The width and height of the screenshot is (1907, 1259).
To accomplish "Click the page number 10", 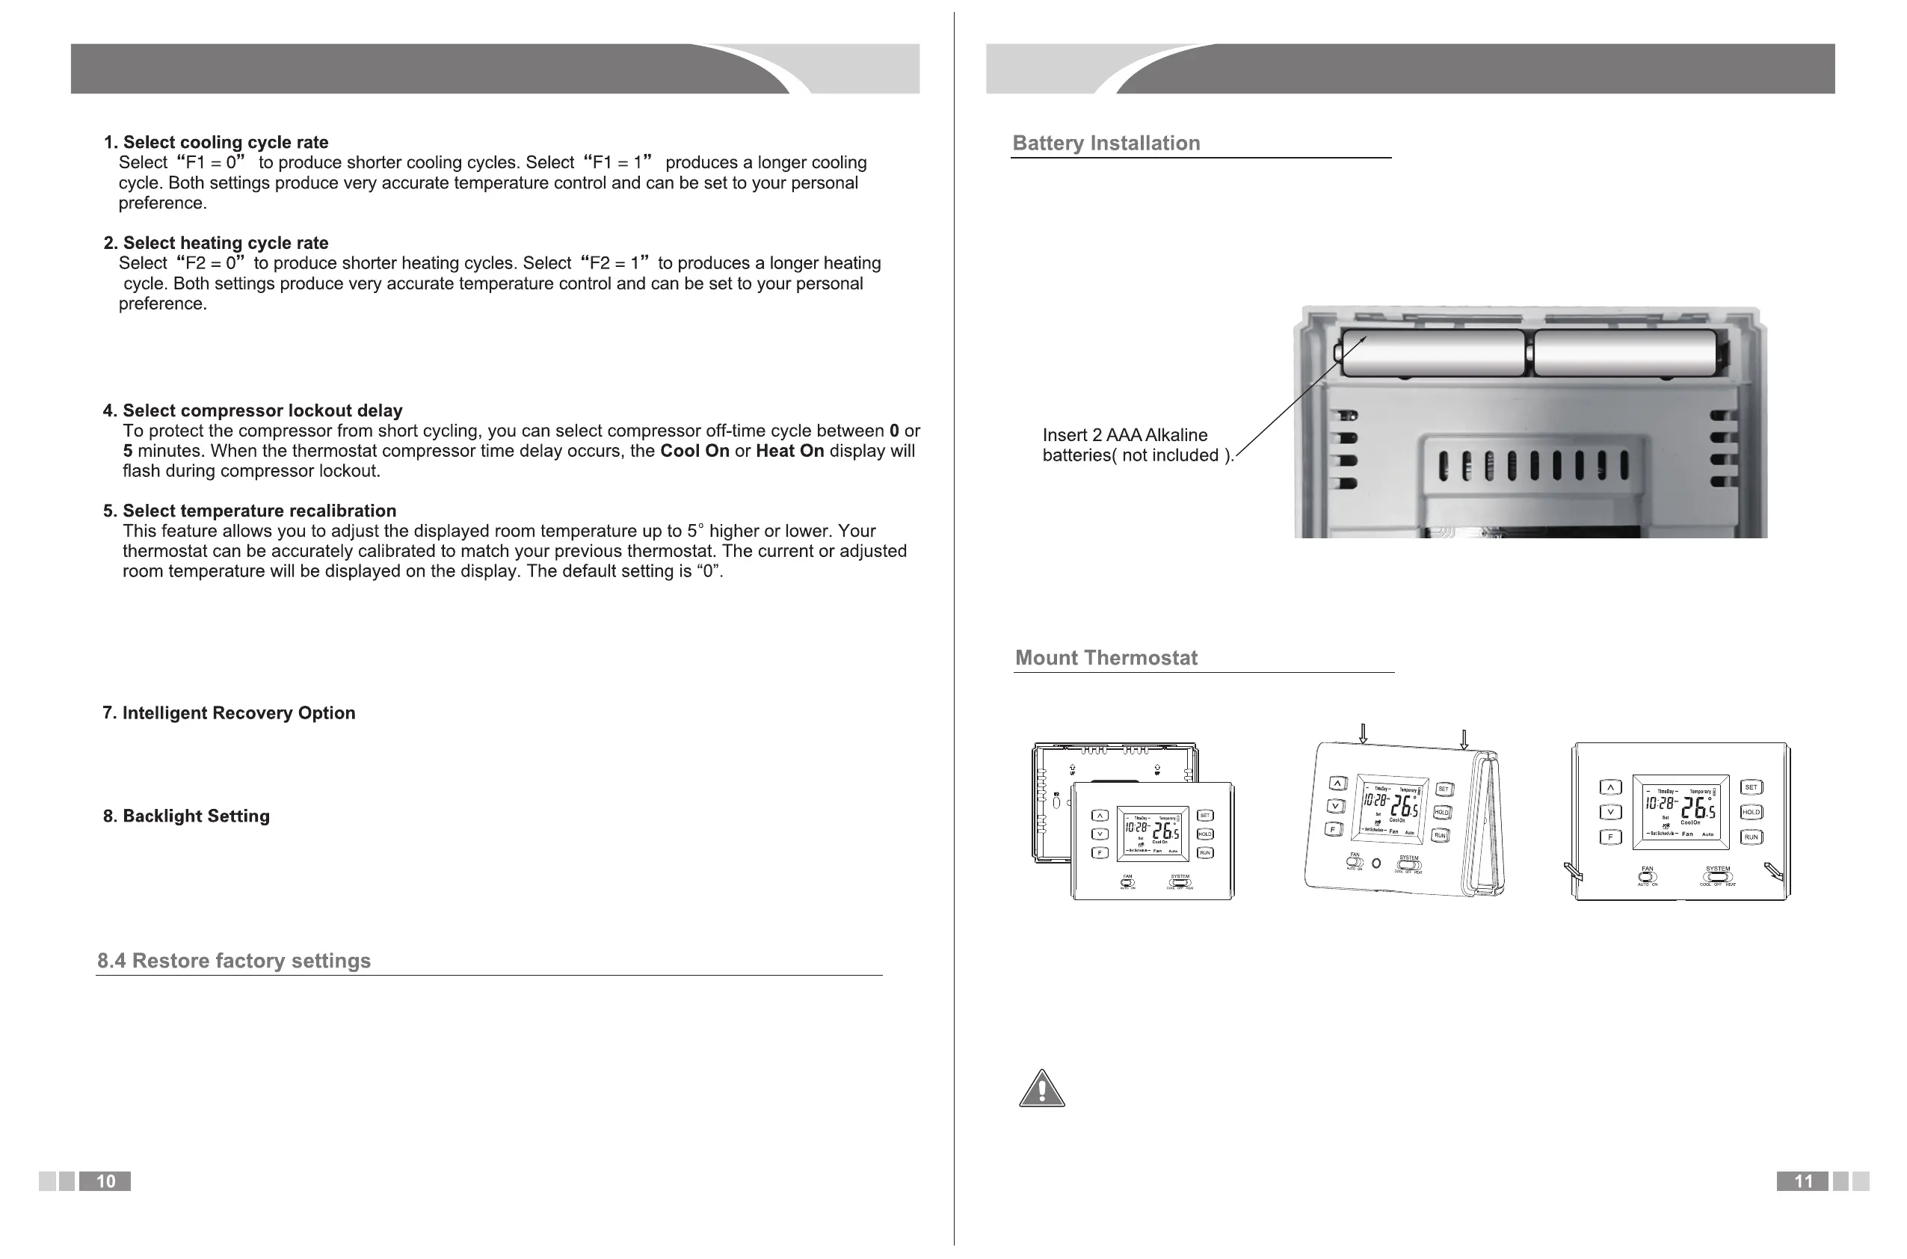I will point(105,1181).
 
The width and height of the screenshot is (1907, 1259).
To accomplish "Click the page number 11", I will point(1802,1181).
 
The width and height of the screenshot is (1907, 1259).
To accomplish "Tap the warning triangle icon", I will point(1042,1089).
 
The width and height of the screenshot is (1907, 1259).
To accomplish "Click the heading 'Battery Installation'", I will point(1106,143).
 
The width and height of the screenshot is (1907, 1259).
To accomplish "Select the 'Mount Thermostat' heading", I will point(1106,658).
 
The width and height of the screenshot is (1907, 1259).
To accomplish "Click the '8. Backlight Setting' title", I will point(186,816).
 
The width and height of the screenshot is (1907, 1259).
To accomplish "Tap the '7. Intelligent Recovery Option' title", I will point(229,713).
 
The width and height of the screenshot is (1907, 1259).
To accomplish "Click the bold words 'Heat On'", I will point(789,452).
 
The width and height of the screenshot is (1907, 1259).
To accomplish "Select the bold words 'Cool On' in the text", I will point(694,452).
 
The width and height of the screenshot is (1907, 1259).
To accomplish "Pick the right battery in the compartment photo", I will point(1624,354).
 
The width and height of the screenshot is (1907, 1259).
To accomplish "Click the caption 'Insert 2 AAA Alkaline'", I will point(1124,435).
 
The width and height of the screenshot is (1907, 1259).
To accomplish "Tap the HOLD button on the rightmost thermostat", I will point(1751,812).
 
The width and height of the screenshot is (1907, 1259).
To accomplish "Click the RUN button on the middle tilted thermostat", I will point(1440,836).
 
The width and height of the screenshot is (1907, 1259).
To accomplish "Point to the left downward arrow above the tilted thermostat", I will point(1363,734).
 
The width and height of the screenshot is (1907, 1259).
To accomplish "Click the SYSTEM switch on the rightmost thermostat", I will point(1717,877).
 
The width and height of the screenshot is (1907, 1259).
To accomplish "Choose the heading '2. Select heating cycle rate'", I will point(216,242).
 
